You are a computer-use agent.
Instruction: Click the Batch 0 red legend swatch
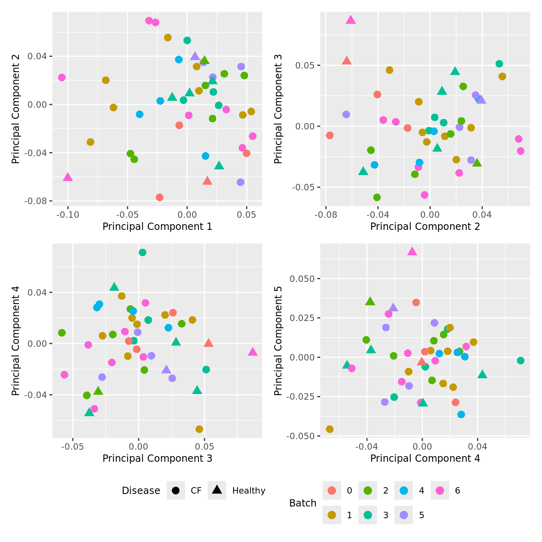click(332, 490)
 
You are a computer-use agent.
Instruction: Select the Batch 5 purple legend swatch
click(404, 515)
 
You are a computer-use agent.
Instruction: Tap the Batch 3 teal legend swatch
click(368, 515)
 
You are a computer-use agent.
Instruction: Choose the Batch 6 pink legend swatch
click(440, 490)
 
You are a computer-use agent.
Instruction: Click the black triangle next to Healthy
click(217, 490)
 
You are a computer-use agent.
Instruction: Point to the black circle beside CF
click(175, 490)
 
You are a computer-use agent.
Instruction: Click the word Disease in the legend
click(141, 490)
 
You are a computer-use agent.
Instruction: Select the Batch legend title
click(302, 503)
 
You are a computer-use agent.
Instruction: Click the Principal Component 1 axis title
click(157, 227)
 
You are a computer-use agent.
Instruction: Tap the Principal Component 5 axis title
click(278, 341)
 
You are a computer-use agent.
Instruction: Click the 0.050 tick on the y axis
click(302, 279)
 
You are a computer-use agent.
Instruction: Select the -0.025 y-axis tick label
click(301, 396)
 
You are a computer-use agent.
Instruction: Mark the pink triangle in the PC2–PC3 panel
click(351, 20)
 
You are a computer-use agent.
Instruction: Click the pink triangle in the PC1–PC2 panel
click(68, 177)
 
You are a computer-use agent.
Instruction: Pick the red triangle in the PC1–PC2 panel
click(207, 181)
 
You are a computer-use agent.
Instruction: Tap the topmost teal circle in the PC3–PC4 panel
click(142, 252)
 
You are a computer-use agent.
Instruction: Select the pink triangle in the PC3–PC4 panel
click(252, 352)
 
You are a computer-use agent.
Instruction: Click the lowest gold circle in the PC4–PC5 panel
click(329, 429)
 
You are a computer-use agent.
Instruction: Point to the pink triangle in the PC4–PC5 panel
click(412, 252)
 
